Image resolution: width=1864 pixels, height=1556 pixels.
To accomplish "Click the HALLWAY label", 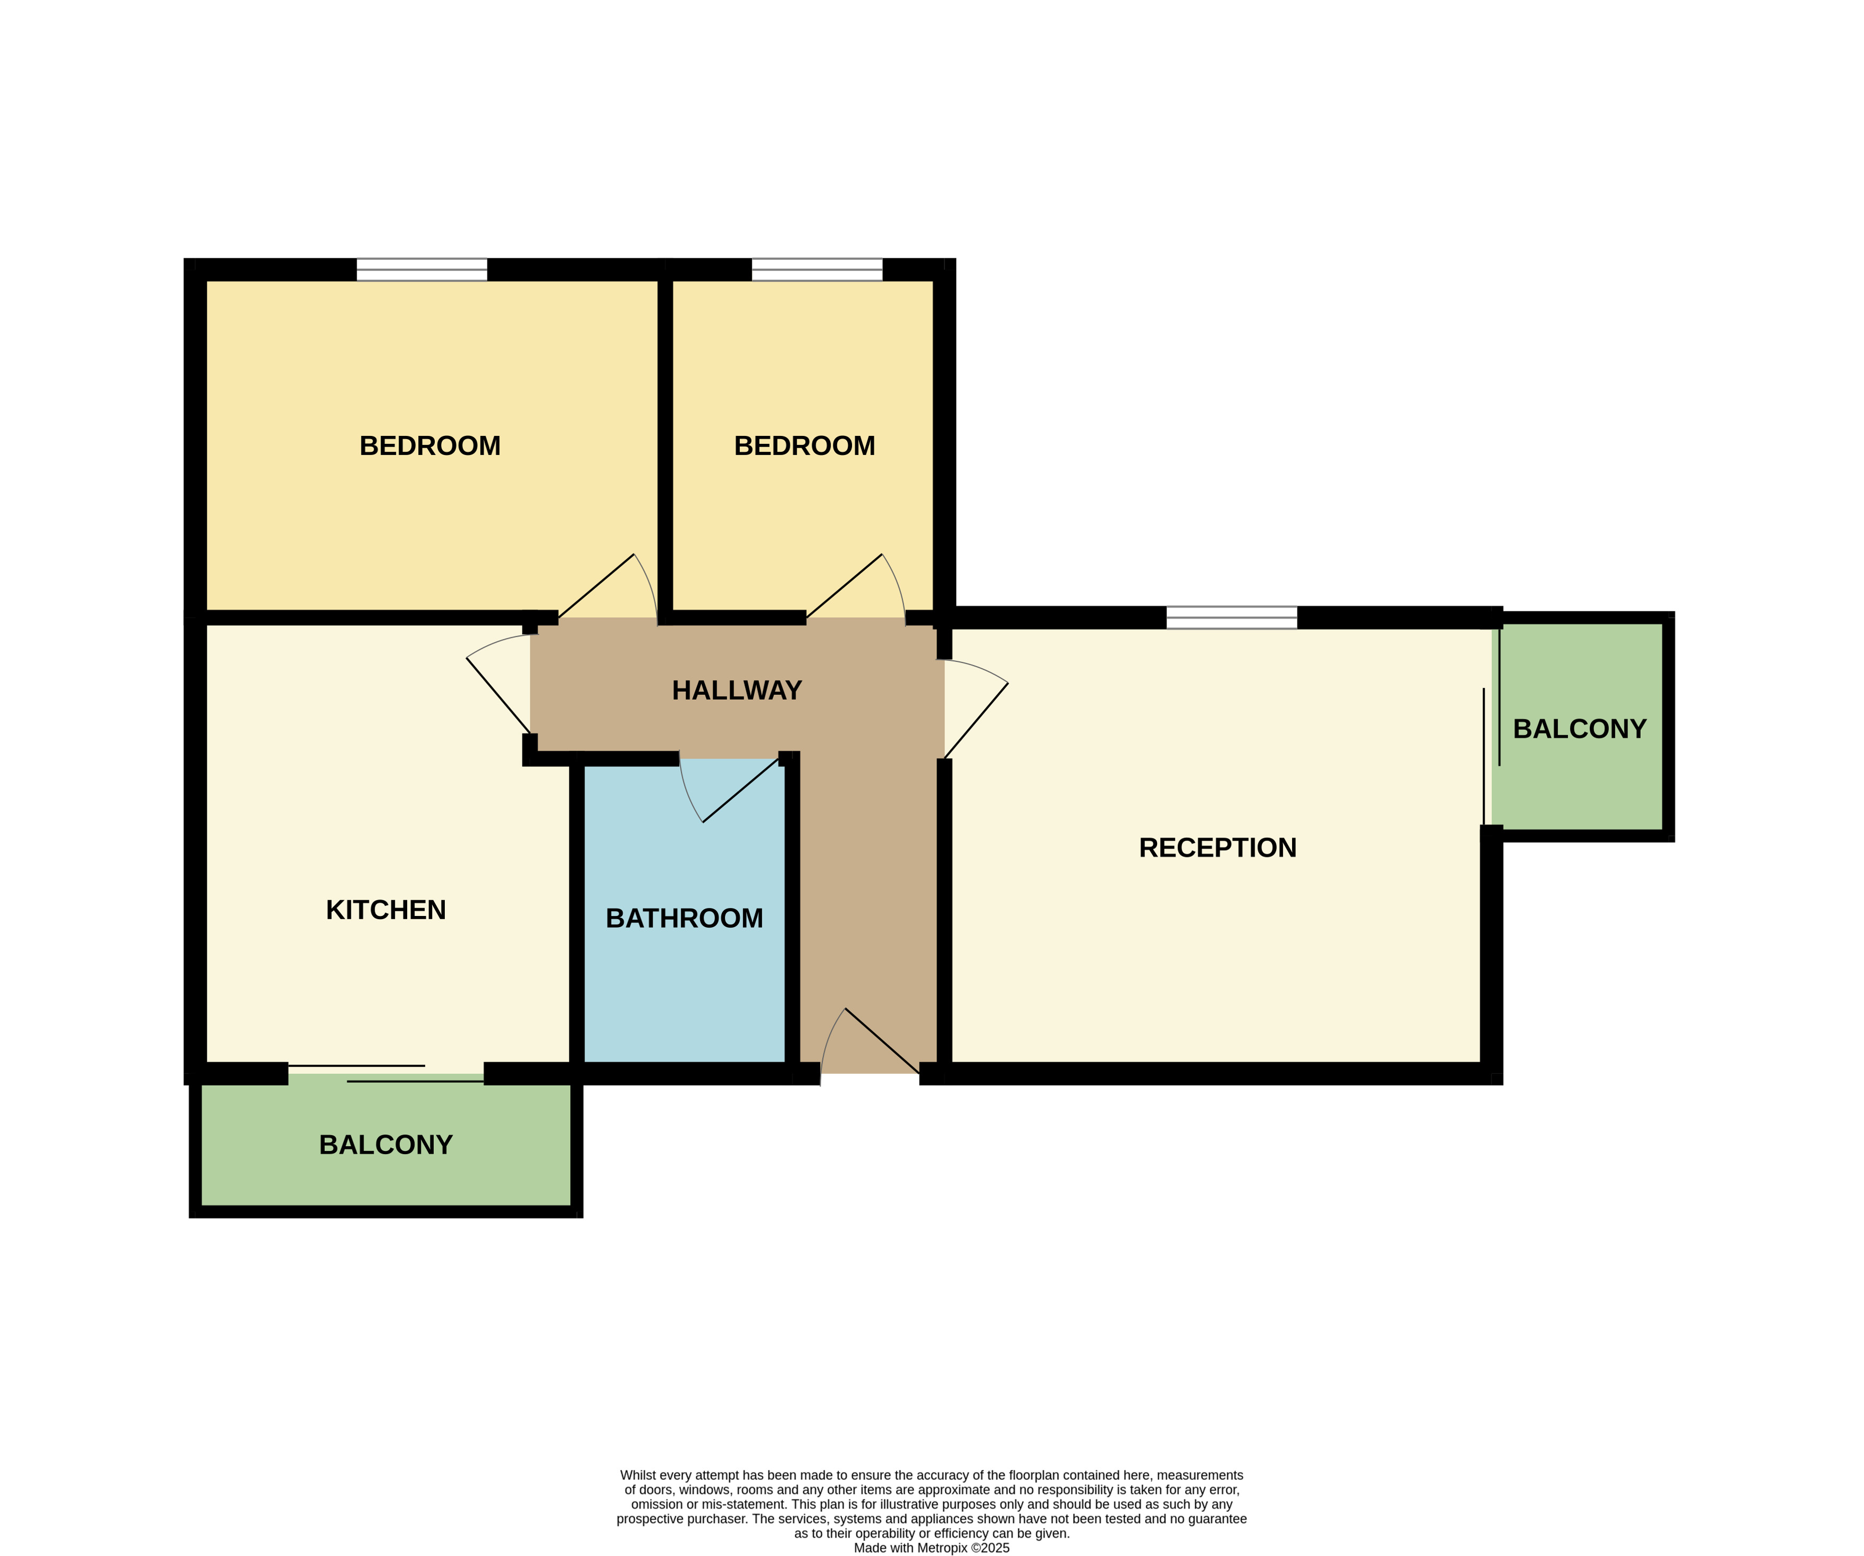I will coord(737,691).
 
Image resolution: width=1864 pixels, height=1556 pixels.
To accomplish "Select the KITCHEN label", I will coord(386,910).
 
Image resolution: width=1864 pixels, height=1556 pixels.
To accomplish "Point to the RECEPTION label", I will coord(1218,848).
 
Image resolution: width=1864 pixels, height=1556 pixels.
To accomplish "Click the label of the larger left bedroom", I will coord(429,445).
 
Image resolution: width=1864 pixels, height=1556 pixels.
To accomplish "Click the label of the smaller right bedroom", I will coord(804,445).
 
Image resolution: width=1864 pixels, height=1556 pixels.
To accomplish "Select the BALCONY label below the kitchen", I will coord(386,1145).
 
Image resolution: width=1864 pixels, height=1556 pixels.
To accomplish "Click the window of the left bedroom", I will coord(421,270).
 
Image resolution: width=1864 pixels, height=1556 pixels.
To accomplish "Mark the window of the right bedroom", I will coord(816,270).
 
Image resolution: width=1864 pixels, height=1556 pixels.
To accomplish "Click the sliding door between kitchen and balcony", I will coord(386,1073).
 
